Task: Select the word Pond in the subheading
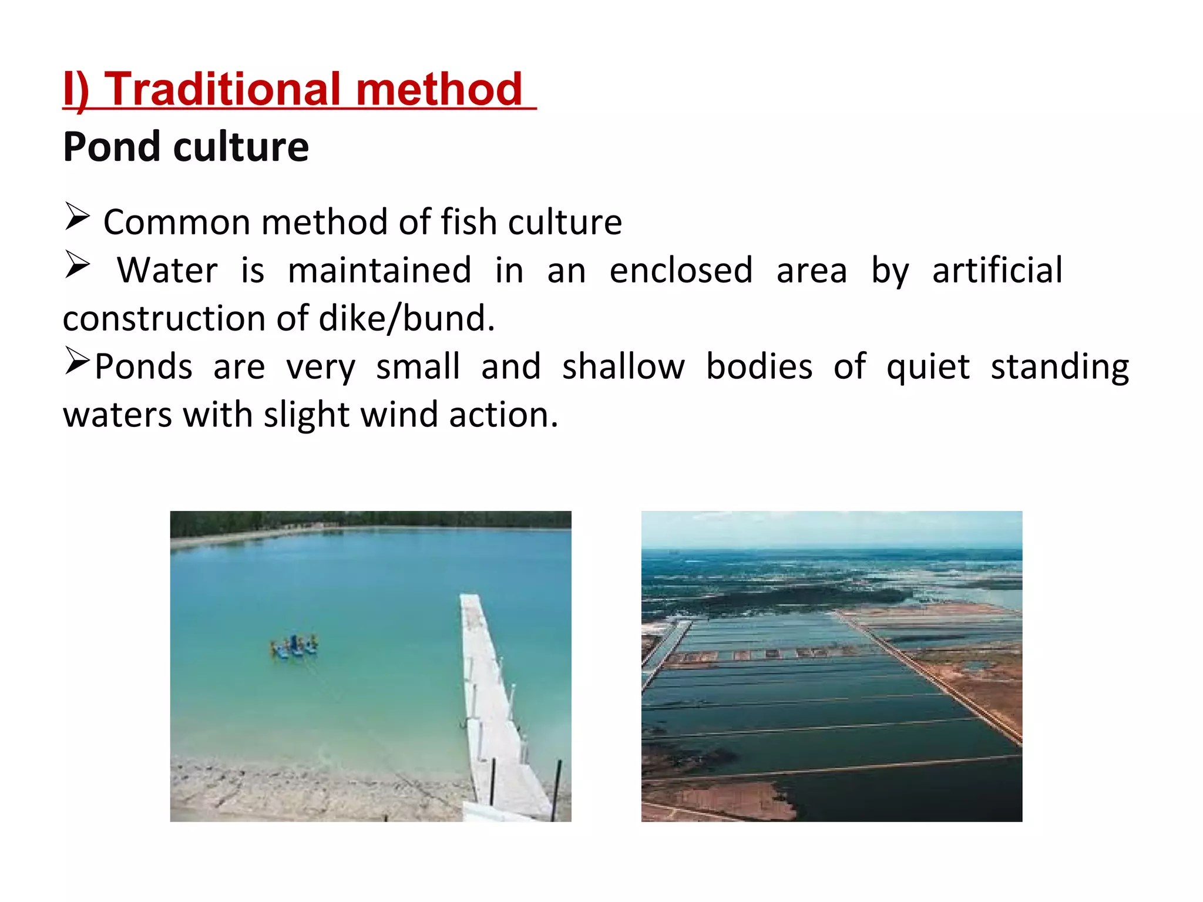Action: [x=112, y=147]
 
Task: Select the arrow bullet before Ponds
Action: [x=77, y=360]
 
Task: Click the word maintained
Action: [x=379, y=271]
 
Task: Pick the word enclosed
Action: [x=681, y=271]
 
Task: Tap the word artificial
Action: [x=997, y=271]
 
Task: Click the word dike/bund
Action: [x=406, y=319]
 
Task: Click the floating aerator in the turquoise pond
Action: [x=294, y=646]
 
